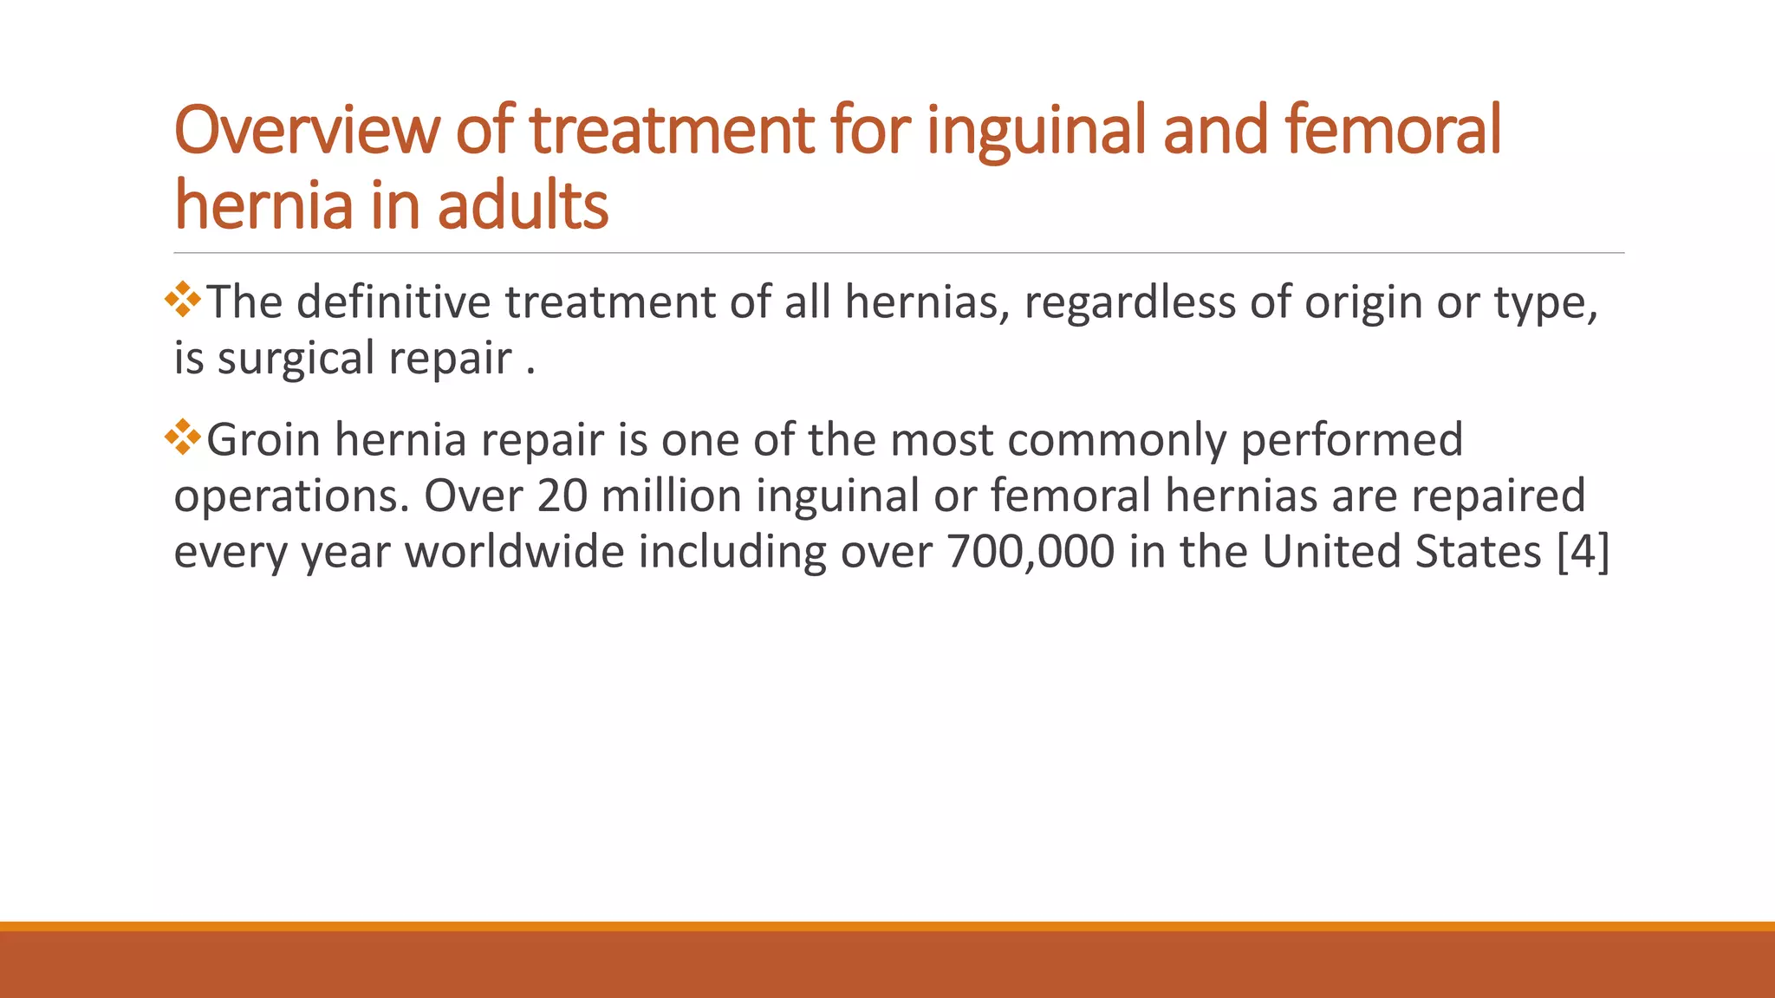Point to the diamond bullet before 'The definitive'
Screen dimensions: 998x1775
tap(183, 300)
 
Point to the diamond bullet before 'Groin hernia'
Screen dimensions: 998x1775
tap(183, 437)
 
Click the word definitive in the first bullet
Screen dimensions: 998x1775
tap(393, 302)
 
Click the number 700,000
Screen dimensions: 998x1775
tap(1031, 552)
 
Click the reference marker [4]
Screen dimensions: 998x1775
tap(1583, 552)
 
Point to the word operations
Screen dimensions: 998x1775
tap(291, 497)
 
